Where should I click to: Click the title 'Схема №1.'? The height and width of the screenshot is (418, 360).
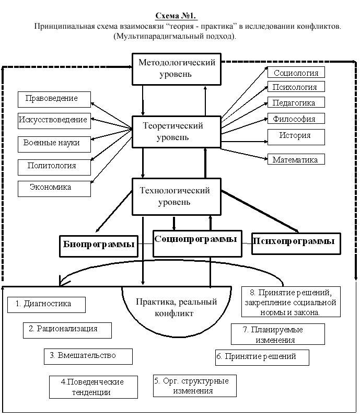[176, 16]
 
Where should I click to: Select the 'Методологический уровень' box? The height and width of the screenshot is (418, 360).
[177, 69]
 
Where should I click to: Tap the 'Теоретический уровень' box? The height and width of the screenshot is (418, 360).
[177, 132]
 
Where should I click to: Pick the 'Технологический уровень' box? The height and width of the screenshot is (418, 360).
[177, 196]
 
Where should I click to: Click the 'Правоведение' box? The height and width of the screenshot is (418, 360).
[54, 99]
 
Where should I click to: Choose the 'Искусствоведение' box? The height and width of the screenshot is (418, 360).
[54, 121]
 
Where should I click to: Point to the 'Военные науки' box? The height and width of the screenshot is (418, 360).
[54, 144]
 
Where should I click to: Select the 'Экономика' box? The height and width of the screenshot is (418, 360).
[54, 189]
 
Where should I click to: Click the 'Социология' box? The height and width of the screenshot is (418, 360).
[296, 72]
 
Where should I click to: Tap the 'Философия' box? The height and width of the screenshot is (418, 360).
[296, 118]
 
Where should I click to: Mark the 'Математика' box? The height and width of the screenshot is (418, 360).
[296, 159]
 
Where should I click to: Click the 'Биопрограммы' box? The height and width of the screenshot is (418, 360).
[99, 246]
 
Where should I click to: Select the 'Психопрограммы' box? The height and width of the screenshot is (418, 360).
[296, 243]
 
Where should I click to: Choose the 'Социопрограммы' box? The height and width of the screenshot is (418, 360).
[198, 243]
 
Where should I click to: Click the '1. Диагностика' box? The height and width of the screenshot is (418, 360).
[47, 305]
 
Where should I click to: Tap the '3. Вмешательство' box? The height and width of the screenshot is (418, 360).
[88, 356]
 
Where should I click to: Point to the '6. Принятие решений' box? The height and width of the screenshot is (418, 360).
[262, 357]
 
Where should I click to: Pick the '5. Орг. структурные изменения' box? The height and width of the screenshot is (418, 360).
[195, 386]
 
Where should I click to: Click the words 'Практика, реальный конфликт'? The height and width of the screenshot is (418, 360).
[176, 307]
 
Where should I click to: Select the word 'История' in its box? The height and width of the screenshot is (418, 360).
[295, 135]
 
